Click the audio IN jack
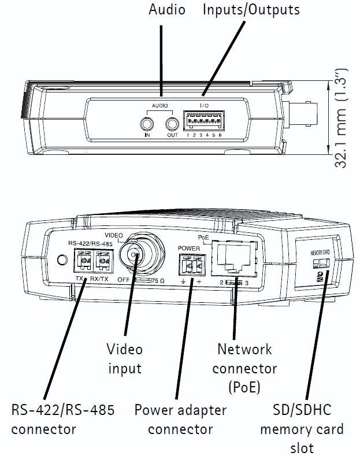[147, 123]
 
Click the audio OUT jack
[172, 123]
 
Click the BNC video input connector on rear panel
[135, 255]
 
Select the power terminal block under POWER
[190, 266]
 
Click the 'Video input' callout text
[124, 358]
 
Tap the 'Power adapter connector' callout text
[180, 420]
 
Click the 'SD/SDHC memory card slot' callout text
[302, 429]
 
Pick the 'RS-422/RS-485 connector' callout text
[63, 420]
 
